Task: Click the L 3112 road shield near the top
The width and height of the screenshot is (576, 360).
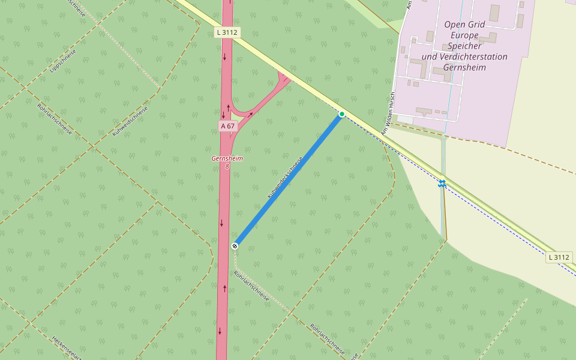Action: pyautogui.click(x=228, y=32)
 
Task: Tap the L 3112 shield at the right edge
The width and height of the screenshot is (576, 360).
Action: pyautogui.click(x=559, y=257)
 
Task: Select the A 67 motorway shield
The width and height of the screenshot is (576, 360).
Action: pyautogui.click(x=227, y=126)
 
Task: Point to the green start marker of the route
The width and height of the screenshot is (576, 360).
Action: pyautogui.click(x=342, y=114)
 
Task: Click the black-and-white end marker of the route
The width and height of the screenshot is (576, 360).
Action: pyautogui.click(x=235, y=245)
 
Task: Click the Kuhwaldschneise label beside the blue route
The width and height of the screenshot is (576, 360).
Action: pyautogui.click(x=285, y=178)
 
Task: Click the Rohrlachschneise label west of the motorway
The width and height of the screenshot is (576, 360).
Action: pyautogui.click(x=55, y=119)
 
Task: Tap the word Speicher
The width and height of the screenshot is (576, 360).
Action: pyautogui.click(x=464, y=46)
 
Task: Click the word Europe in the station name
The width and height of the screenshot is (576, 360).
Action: pyautogui.click(x=464, y=35)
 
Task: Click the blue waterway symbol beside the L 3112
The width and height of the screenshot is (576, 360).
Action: pyautogui.click(x=442, y=184)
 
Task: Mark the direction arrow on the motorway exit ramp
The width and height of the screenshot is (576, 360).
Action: pyautogui.click(x=251, y=112)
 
